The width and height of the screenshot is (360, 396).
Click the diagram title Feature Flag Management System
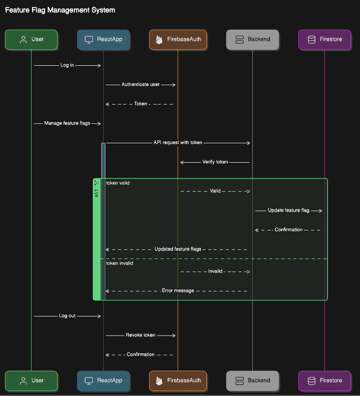tap(60, 10)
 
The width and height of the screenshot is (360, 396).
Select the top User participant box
tap(31, 39)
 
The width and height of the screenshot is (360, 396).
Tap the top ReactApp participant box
tap(103, 39)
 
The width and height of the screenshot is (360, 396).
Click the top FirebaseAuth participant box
tap(178, 39)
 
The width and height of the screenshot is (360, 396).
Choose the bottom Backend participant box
tap(252, 380)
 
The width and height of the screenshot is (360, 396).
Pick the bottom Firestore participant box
tap(324, 380)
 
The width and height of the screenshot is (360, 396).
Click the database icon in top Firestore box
tap(311, 39)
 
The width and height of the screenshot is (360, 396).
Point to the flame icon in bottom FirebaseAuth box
tap(159, 380)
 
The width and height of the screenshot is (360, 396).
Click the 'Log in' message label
tap(67, 65)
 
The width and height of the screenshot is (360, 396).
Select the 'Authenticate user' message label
tap(141, 84)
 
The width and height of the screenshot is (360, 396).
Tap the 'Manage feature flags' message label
tap(67, 123)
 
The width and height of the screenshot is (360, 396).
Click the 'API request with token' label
tap(178, 142)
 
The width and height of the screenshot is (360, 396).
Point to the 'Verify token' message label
tap(215, 162)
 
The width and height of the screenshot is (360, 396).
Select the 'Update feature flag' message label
tap(288, 210)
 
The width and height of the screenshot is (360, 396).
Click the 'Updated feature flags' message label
tap(178, 249)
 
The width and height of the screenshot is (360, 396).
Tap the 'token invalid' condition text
tap(119, 263)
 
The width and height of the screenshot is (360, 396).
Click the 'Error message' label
tap(178, 291)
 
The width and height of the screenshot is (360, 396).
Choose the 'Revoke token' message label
tap(141, 335)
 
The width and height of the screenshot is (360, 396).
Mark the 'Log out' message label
tap(67, 316)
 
